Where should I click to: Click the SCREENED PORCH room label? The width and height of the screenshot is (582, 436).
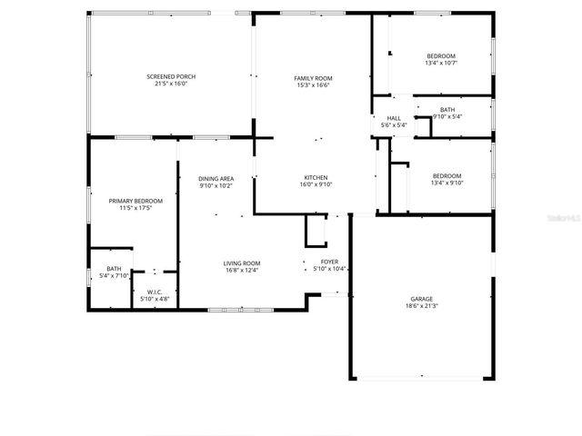click(x=171, y=76)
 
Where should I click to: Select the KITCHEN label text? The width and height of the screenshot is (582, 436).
click(x=316, y=177)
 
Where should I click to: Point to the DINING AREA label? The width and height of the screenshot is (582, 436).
click(x=216, y=179)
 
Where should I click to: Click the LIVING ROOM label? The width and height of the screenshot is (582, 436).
click(x=242, y=263)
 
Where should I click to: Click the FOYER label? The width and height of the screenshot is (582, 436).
click(x=328, y=262)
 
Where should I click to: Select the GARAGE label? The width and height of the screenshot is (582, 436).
click(x=420, y=299)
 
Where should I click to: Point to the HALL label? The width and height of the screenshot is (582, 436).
click(x=394, y=118)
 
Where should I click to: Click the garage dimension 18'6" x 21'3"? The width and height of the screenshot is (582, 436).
click(x=420, y=306)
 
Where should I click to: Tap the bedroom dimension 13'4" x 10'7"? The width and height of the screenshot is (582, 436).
click(x=440, y=64)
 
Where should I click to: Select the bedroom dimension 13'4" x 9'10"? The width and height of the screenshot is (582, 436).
click(x=447, y=183)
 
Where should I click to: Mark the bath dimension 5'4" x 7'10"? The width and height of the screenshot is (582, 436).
click(x=114, y=275)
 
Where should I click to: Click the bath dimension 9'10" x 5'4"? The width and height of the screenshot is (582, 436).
click(x=447, y=116)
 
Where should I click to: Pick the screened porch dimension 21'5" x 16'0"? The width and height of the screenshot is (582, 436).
click(x=171, y=84)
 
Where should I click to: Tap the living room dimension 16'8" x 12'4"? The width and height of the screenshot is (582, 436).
click(x=242, y=271)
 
